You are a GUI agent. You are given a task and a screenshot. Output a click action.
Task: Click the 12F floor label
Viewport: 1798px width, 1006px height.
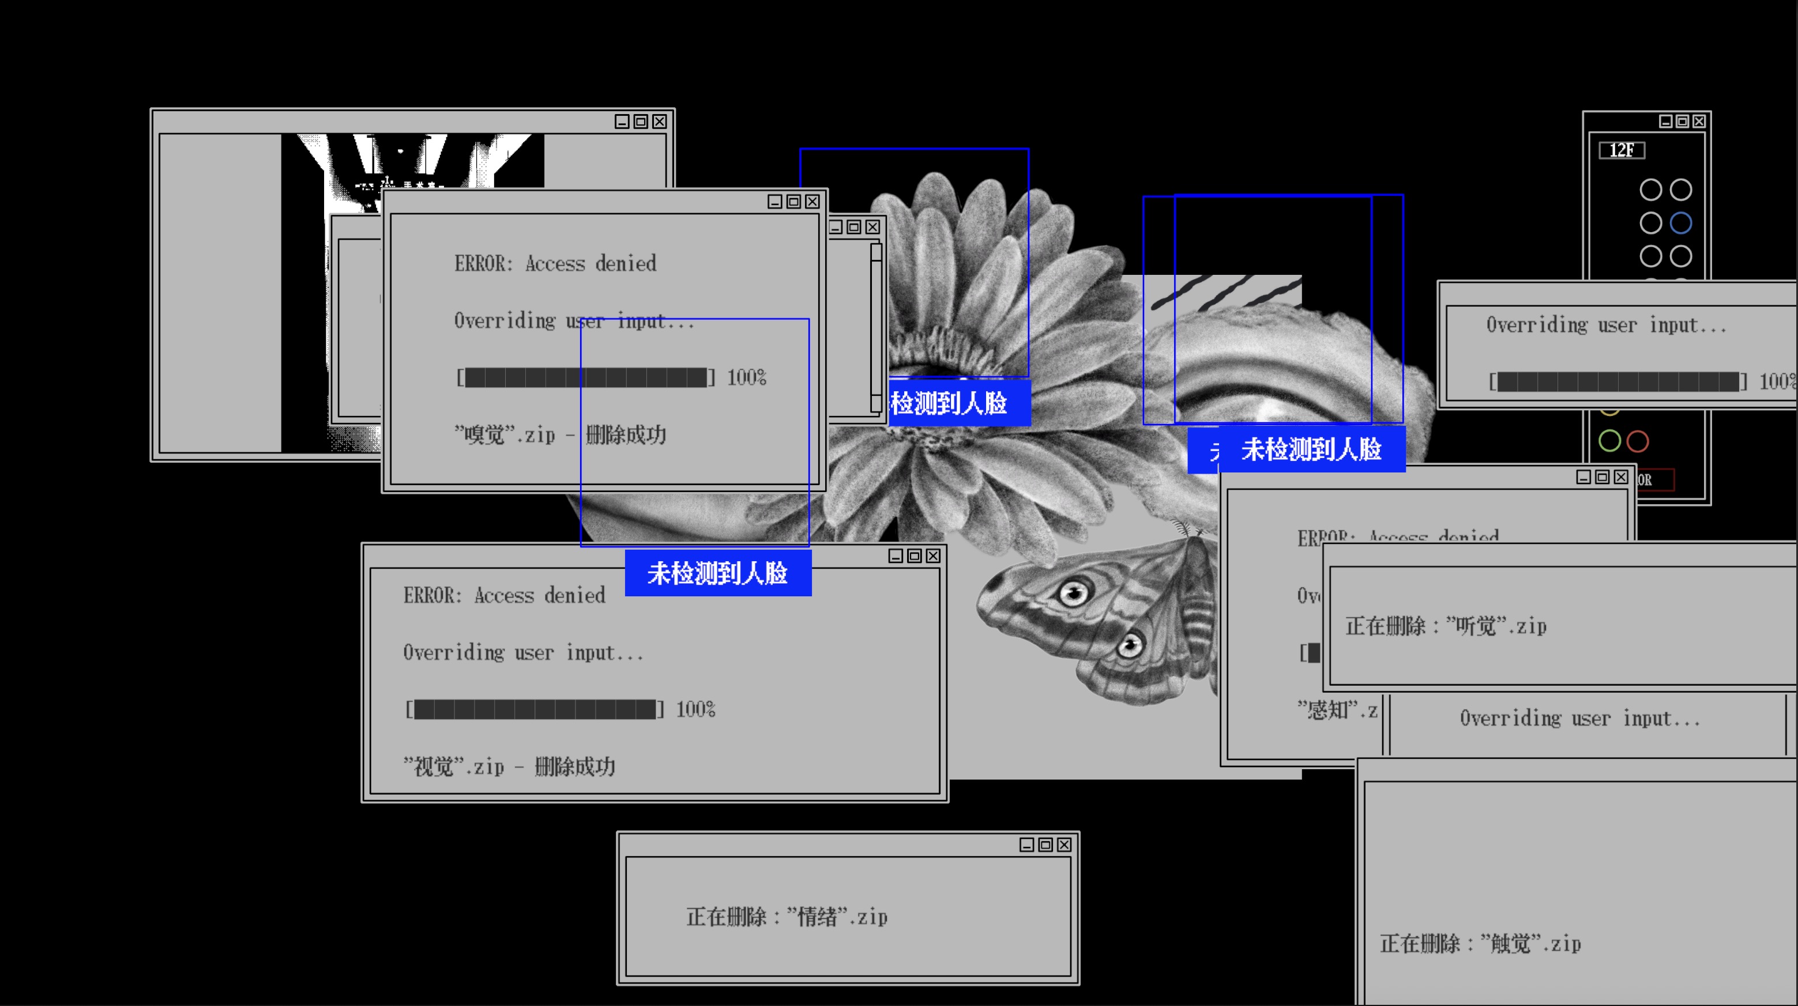pyautogui.click(x=1622, y=150)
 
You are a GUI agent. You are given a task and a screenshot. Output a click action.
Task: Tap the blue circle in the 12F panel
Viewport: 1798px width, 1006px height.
pyautogui.click(x=1681, y=223)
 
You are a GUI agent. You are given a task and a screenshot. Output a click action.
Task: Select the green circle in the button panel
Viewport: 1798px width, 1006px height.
pyautogui.click(x=1609, y=441)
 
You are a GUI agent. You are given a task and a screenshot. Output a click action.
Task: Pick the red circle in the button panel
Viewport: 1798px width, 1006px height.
pyautogui.click(x=1638, y=441)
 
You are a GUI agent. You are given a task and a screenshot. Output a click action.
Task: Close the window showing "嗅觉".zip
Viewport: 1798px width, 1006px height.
pyautogui.click(x=812, y=202)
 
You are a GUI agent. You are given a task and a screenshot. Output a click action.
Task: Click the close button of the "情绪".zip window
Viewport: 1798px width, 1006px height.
pyautogui.click(x=1064, y=845)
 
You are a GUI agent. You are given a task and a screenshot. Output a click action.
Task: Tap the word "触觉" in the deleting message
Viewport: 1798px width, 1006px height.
pyautogui.click(x=1510, y=944)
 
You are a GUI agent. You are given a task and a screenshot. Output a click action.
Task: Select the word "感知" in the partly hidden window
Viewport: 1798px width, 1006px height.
pyautogui.click(x=1327, y=710)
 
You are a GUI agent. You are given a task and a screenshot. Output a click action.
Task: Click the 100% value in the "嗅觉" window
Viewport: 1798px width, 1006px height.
pyautogui.click(x=746, y=378)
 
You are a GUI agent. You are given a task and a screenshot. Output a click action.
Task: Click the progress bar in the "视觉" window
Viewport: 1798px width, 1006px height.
pyautogui.click(x=535, y=709)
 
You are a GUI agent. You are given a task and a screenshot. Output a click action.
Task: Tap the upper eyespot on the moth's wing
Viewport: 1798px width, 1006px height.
pyautogui.click(x=1074, y=593)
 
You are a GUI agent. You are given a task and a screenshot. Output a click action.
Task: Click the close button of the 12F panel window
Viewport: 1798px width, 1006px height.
pyautogui.click(x=1699, y=122)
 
